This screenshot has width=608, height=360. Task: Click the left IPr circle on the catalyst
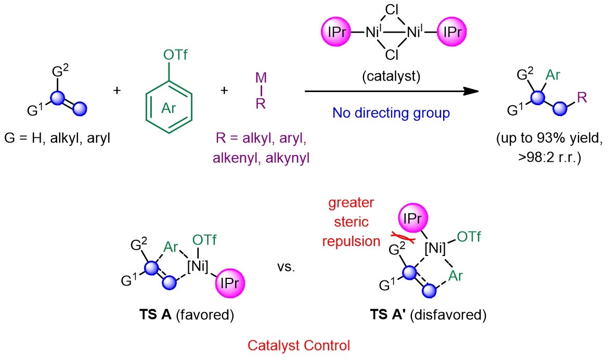pyautogui.click(x=336, y=31)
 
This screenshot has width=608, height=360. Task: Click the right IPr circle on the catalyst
pyautogui.click(x=452, y=31)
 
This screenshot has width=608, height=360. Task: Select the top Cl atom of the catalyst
pyautogui.click(x=392, y=9)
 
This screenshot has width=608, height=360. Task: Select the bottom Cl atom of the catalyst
pyautogui.click(x=392, y=55)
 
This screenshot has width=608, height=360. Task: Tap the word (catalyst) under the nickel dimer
pyautogui.click(x=391, y=76)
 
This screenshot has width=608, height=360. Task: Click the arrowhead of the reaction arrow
pyautogui.click(x=471, y=91)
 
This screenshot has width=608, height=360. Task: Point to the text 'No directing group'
pyautogui.click(x=391, y=113)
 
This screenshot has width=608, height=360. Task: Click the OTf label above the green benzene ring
pyautogui.click(x=175, y=55)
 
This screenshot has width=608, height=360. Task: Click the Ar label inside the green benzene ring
pyautogui.click(x=169, y=108)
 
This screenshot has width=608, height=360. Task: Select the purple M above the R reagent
pyautogui.click(x=261, y=78)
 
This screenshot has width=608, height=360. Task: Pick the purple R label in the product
pyautogui.click(x=581, y=97)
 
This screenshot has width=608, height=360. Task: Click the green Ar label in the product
pyautogui.click(x=552, y=75)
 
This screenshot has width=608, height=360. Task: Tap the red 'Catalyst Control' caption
pyautogui.click(x=299, y=345)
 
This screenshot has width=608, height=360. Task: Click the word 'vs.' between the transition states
pyautogui.click(x=286, y=267)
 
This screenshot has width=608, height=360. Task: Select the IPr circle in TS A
pyautogui.click(x=230, y=283)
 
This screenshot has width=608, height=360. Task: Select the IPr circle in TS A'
pyautogui.click(x=412, y=218)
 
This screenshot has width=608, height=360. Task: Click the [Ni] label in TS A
pyautogui.click(x=198, y=266)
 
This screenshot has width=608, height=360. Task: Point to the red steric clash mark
pyautogui.click(x=403, y=237)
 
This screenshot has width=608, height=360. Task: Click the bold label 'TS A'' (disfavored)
pyautogui.click(x=388, y=314)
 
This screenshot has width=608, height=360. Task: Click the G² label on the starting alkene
pyautogui.click(x=60, y=71)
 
